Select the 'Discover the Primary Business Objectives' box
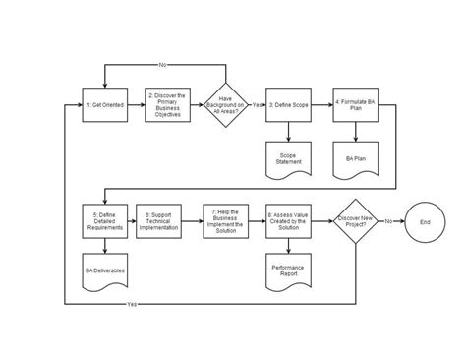[x=164, y=103]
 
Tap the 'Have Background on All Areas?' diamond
[x=226, y=103]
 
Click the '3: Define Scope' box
[x=288, y=103]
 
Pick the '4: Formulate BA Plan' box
[x=350, y=103]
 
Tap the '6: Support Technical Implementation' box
[x=164, y=220]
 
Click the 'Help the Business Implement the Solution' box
[x=226, y=220]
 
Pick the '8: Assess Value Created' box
[x=288, y=220]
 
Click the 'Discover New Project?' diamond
[x=355, y=220]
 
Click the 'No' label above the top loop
[x=163, y=66]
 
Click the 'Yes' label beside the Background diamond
[x=257, y=103]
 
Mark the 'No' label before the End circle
[x=389, y=220]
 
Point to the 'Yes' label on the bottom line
[x=133, y=304]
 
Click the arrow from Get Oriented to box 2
[x=133, y=103]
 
